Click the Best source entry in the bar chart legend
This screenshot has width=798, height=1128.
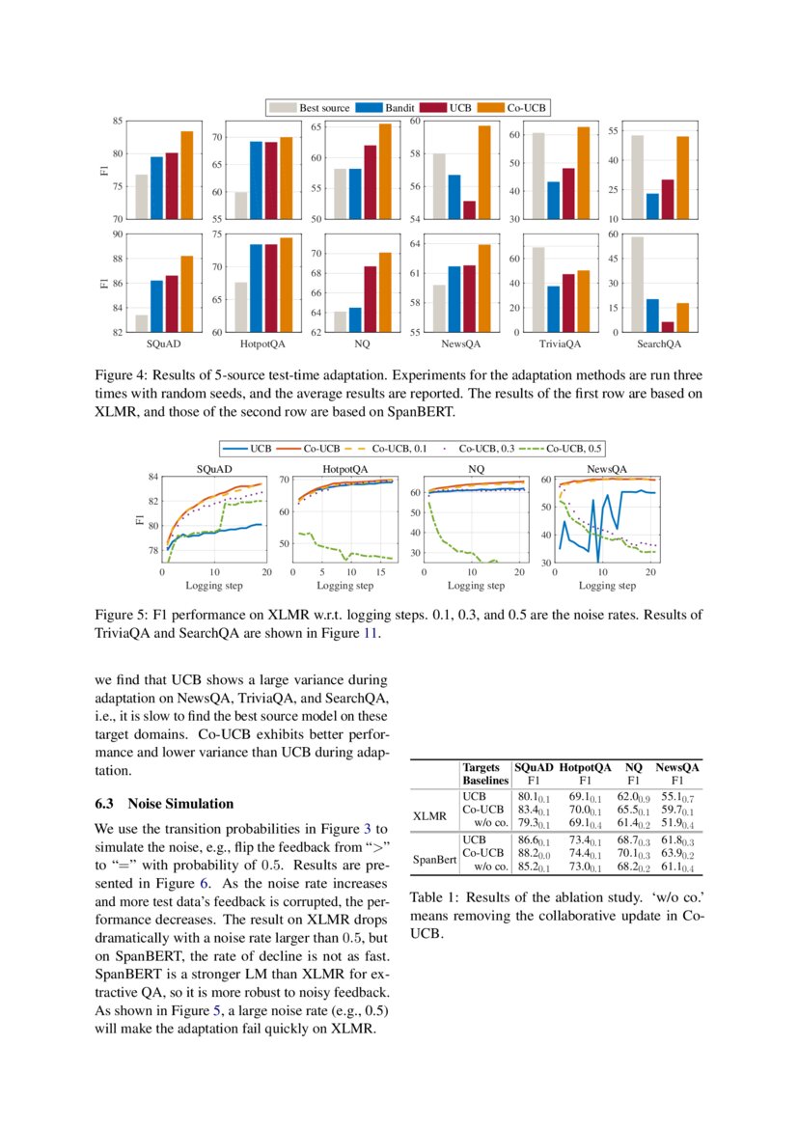coord(303,108)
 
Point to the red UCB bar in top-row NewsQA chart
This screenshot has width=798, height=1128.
coord(469,209)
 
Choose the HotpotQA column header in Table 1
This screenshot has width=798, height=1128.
coord(586,767)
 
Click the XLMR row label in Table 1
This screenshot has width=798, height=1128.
coord(429,815)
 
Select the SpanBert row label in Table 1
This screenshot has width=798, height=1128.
coord(434,858)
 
